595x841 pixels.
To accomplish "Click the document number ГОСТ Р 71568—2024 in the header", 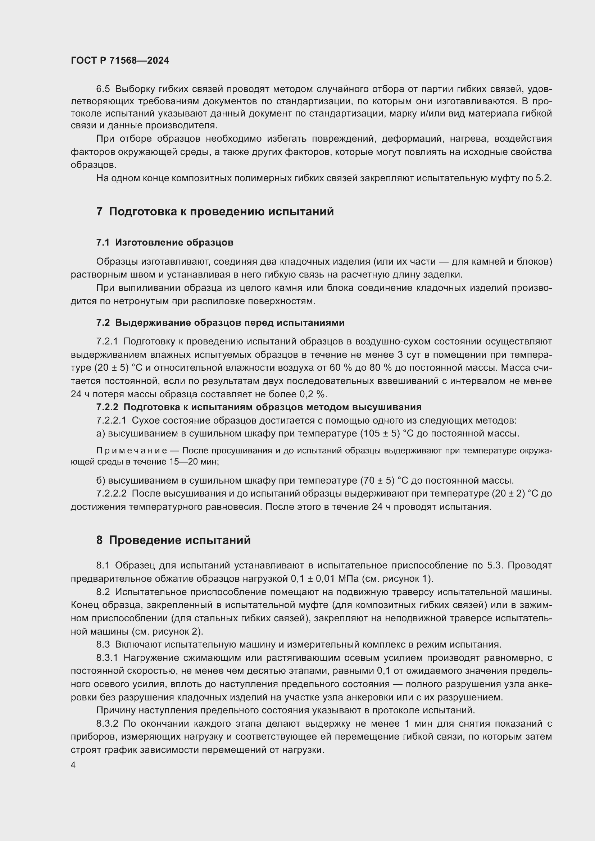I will [x=120, y=61].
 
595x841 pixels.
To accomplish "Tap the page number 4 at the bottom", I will [x=73, y=765].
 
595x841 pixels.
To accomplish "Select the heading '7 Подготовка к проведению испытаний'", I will [x=215, y=212].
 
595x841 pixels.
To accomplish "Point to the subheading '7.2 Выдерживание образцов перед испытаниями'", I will [x=220, y=323].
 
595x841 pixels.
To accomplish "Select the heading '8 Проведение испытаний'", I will [x=173, y=540].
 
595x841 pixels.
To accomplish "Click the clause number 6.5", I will [x=103, y=89].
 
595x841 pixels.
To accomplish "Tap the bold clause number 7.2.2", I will [x=107, y=407].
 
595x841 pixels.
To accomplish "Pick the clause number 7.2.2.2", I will [x=112, y=493].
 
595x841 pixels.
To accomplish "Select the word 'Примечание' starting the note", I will [x=132, y=451].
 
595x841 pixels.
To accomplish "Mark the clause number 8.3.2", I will [x=107, y=724].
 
